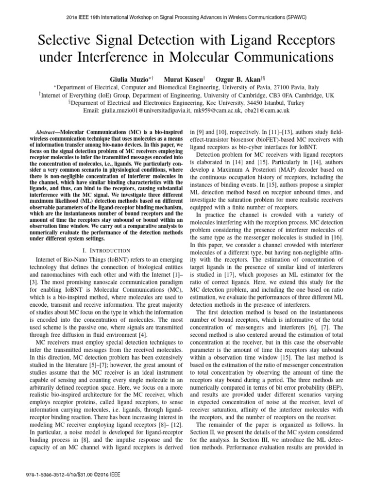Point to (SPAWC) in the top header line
[x=294, y=17]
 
